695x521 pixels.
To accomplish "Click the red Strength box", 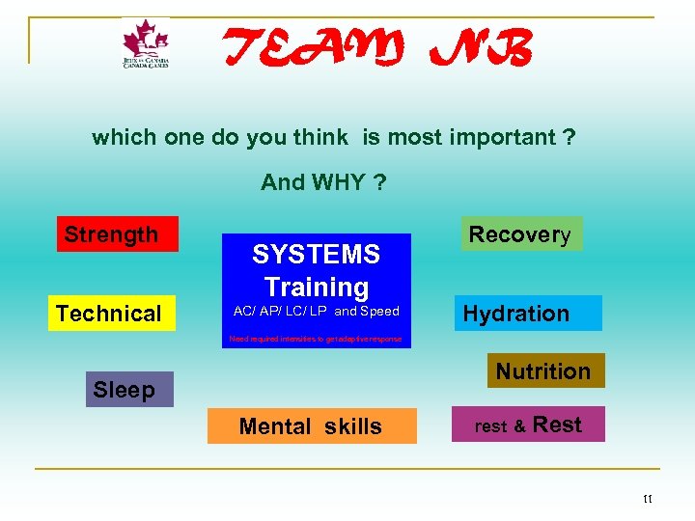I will (x=117, y=233).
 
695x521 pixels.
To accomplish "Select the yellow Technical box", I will (x=113, y=313).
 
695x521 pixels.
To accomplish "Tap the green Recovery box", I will (x=521, y=233).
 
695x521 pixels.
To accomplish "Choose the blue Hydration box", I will (x=529, y=313).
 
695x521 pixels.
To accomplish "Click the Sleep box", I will (x=128, y=389).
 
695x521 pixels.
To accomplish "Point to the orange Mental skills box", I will (x=312, y=425).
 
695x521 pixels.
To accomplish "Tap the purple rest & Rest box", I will (x=528, y=425).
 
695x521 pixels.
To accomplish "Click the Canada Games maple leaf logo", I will (x=145, y=44).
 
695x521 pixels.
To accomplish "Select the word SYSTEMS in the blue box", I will (x=316, y=255).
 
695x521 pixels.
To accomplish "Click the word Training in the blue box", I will (x=317, y=287).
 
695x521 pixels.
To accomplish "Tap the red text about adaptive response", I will (x=316, y=340).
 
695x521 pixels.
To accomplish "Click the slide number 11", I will (x=647, y=499).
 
